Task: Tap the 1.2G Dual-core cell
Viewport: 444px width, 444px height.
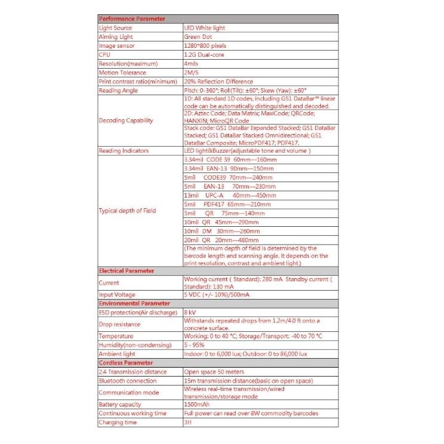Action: coord(203,55)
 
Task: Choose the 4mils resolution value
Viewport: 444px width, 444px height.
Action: coord(191,64)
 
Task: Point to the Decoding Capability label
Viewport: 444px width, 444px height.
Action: coord(126,120)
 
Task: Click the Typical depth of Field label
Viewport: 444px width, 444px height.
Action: coord(128,211)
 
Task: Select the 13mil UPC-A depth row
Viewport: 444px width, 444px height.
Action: coord(230,195)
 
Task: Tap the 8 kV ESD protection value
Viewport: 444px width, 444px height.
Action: coord(190,312)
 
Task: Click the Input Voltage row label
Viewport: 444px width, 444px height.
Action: coord(117,295)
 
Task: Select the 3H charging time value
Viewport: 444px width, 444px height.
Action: coord(187,422)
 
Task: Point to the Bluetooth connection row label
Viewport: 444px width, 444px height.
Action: coord(127,380)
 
